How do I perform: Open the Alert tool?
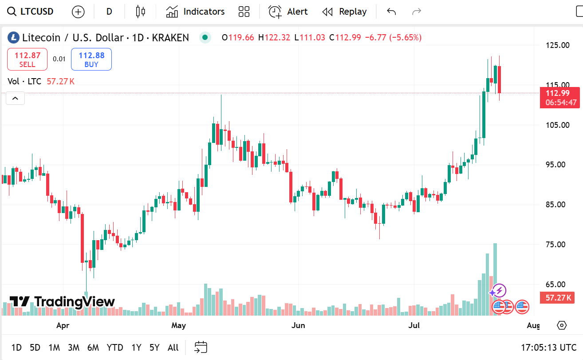pos(288,12)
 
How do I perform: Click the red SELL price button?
pos(27,59)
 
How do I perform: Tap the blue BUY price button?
pos(91,59)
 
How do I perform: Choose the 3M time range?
pos(74,348)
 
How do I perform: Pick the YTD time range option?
pos(115,348)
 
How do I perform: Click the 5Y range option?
pos(154,348)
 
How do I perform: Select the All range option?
pos(173,348)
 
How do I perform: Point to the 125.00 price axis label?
pos(558,45)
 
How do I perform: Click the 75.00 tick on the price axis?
pos(558,245)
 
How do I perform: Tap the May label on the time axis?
pos(178,326)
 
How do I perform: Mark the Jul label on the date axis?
pos(414,326)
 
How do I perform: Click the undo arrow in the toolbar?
pos(391,12)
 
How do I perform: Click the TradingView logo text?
pos(62,302)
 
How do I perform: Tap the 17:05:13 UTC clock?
pos(549,348)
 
